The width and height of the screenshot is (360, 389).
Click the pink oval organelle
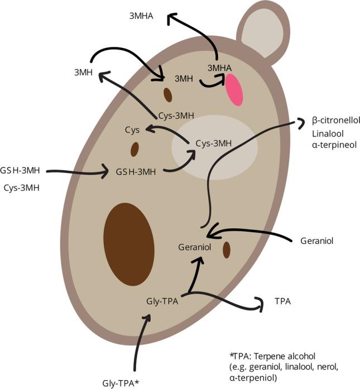click(234, 89)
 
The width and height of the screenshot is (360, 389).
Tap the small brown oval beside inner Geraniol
click(227, 250)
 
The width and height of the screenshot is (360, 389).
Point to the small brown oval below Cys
click(135, 149)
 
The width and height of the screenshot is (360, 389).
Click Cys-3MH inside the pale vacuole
click(214, 143)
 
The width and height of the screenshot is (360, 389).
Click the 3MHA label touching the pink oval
click(219, 68)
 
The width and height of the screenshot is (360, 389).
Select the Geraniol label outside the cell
click(316, 241)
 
